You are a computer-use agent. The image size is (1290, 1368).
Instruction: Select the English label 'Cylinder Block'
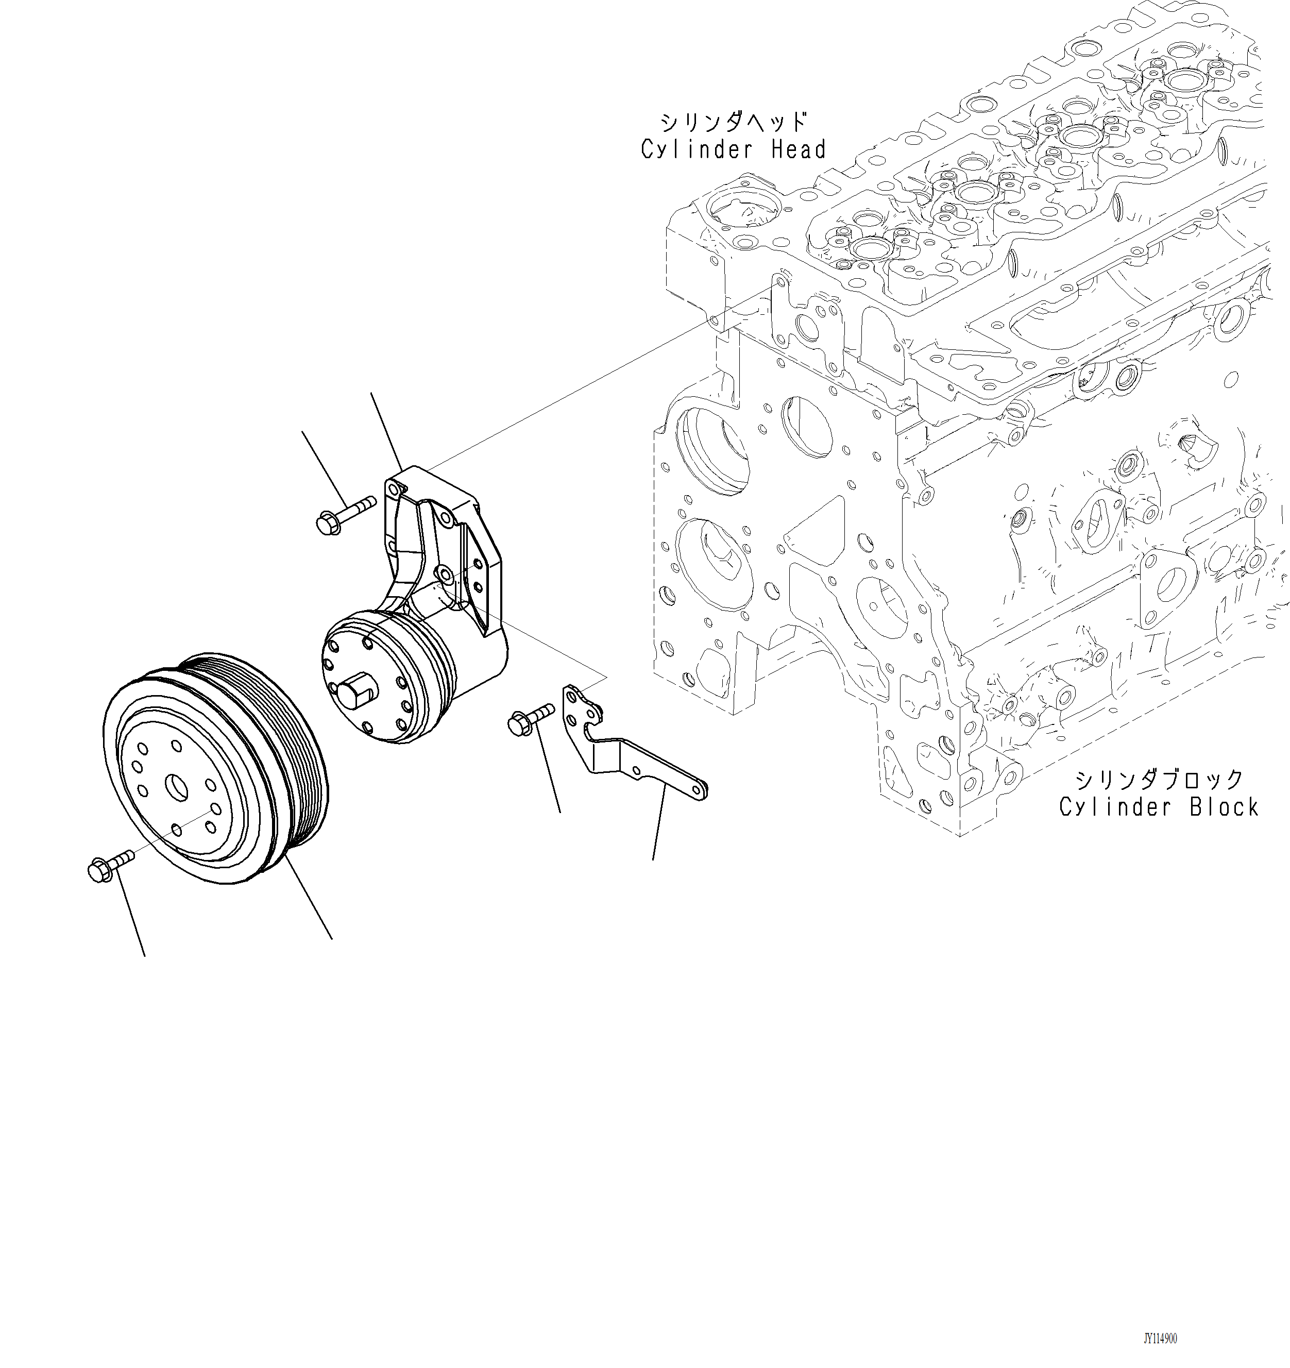tap(1159, 807)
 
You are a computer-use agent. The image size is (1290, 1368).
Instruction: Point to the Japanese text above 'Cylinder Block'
tap(1159, 780)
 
